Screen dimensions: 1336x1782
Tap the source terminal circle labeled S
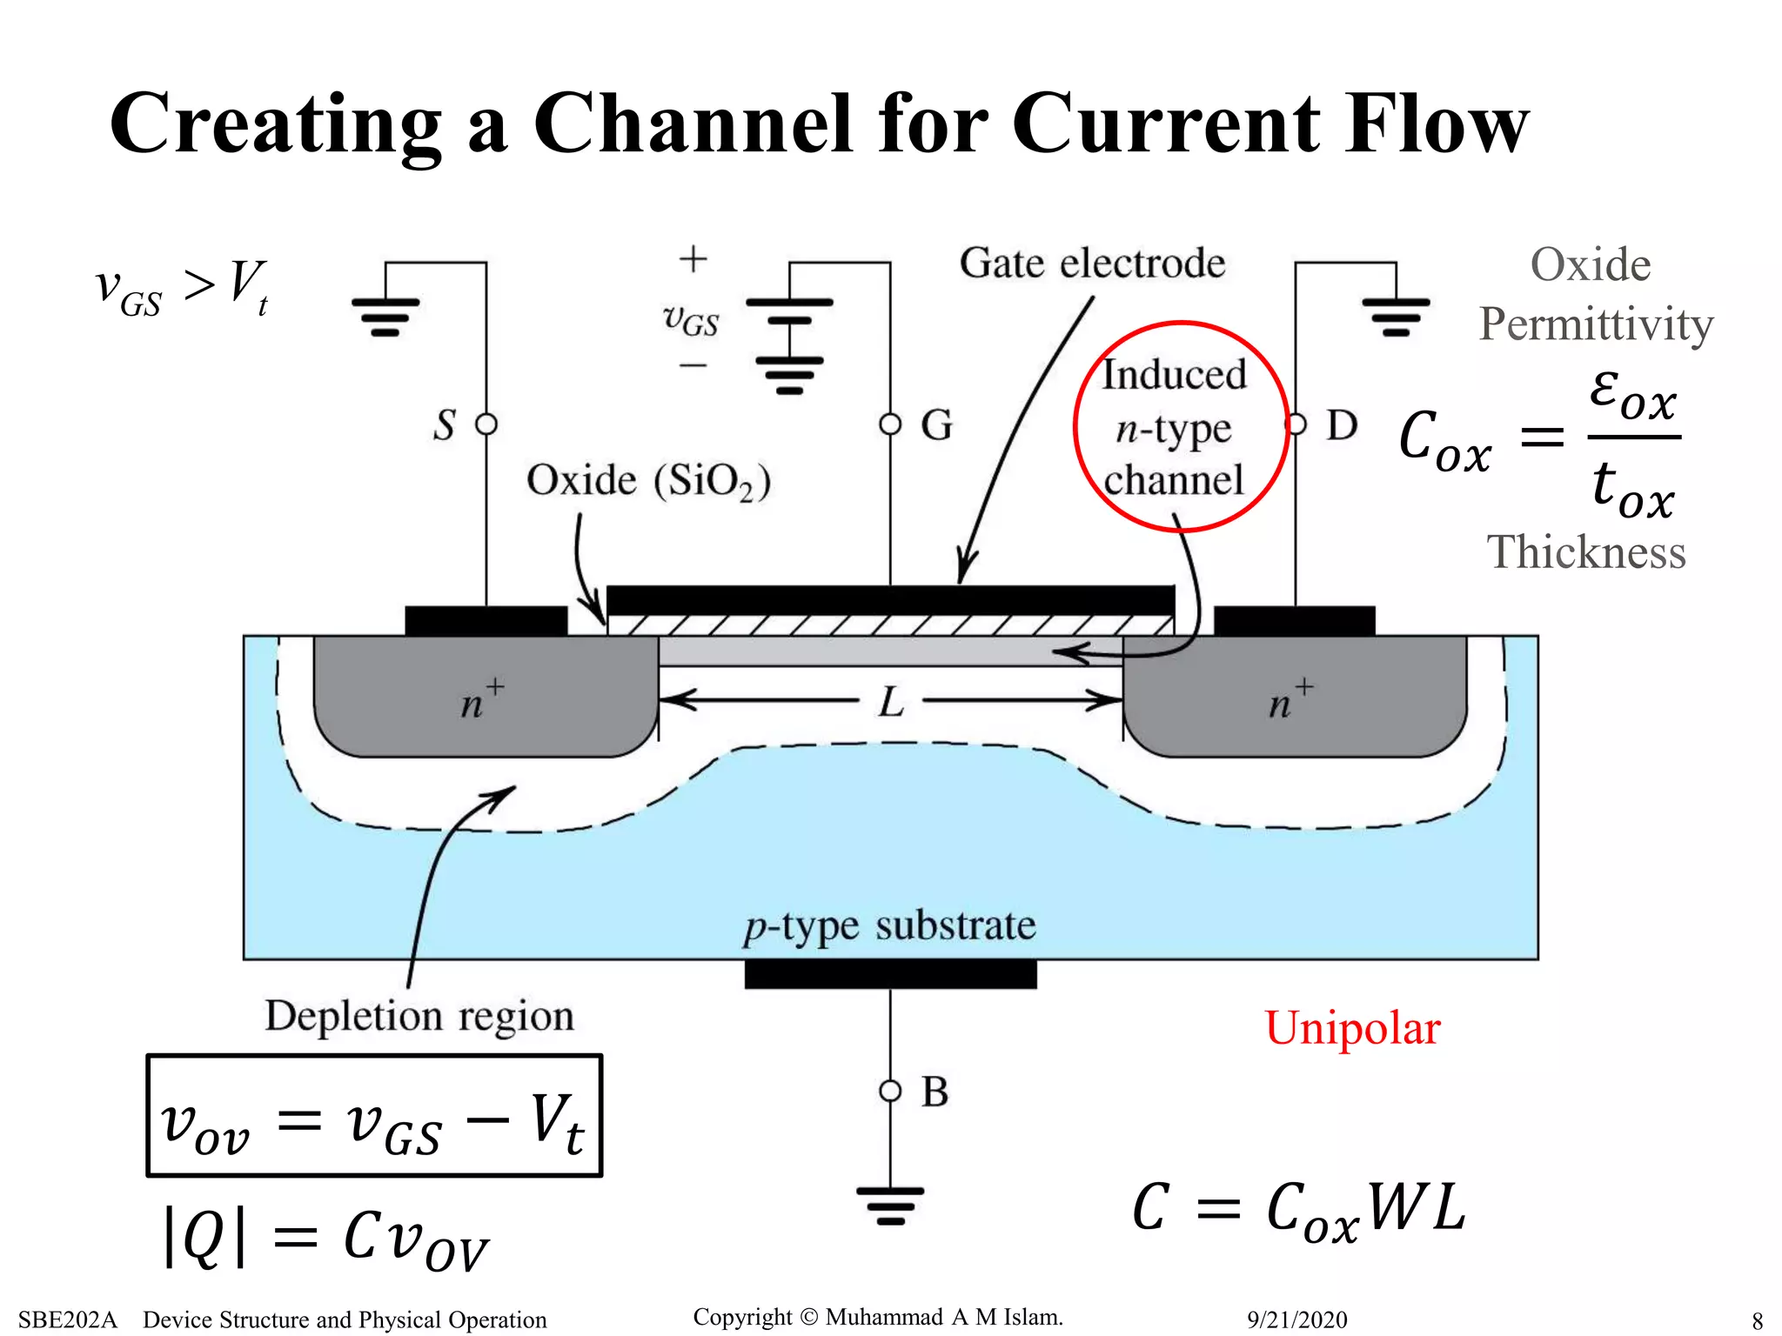486,424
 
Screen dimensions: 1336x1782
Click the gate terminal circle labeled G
890,424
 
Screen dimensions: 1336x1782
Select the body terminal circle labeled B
890,1091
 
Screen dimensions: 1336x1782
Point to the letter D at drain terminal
1341,426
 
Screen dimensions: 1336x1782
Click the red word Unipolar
1352,1029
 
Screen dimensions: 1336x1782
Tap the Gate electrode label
1092,264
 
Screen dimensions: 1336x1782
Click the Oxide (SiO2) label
648,481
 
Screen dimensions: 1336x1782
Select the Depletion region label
419,1016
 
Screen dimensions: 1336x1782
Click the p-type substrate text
889,926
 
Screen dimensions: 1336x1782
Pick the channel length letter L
891,702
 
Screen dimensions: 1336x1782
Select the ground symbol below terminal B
890,1205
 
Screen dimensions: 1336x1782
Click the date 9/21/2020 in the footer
1296,1319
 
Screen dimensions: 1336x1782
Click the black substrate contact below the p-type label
890,974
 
